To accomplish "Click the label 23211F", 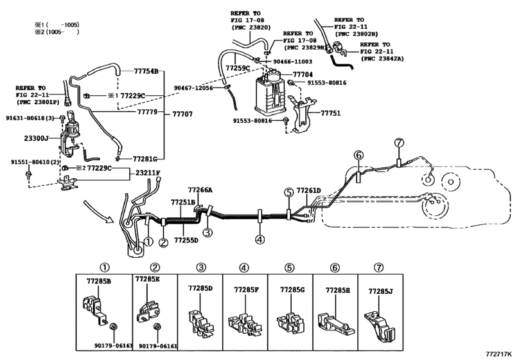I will [148, 172].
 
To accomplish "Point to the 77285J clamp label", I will [380, 291].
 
